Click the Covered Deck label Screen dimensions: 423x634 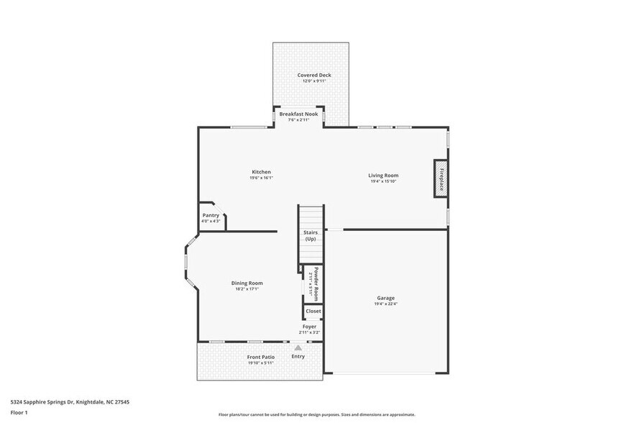point(314,75)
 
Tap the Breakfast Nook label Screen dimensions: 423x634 point(298,114)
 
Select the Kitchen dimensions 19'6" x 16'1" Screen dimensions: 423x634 point(261,178)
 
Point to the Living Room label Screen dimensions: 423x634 point(383,175)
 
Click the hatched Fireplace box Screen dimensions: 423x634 point(440,178)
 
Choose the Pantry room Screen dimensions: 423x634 point(211,215)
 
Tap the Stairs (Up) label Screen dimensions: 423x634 point(311,235)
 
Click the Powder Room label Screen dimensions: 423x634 point(315,283)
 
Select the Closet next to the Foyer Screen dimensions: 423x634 point(313,311)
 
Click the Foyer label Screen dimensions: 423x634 point(309,327)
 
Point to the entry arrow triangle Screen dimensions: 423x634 point(298,347)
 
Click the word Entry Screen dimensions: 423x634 point(298,356)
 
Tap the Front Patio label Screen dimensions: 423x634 point(260,357)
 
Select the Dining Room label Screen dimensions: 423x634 point(247,283)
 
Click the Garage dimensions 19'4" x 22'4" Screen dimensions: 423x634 point(385,304)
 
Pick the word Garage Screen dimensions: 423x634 point(385,298)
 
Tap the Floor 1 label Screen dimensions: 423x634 point(19,412)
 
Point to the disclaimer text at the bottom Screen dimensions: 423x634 point(316,414)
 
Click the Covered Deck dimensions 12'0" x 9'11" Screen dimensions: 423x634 point(314,81)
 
